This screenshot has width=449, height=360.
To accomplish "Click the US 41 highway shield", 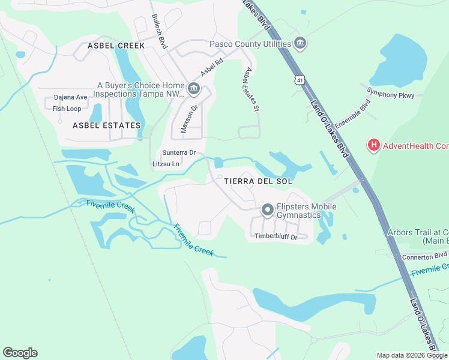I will [300, 79].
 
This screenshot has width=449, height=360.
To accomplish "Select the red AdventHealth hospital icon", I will [374, 145].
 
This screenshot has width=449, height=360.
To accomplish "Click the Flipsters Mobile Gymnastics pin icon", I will [268, 211].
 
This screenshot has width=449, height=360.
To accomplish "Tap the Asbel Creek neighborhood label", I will [116, 46].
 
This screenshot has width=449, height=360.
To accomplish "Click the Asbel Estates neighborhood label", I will [106, 125].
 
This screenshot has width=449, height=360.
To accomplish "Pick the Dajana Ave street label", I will [71, 97].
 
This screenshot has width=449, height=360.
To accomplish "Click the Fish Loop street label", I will [67, 109].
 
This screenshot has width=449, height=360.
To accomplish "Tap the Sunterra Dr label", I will [179, 153].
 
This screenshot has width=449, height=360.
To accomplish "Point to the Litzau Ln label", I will [166, 164].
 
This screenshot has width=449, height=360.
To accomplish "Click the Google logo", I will [20, 353].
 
